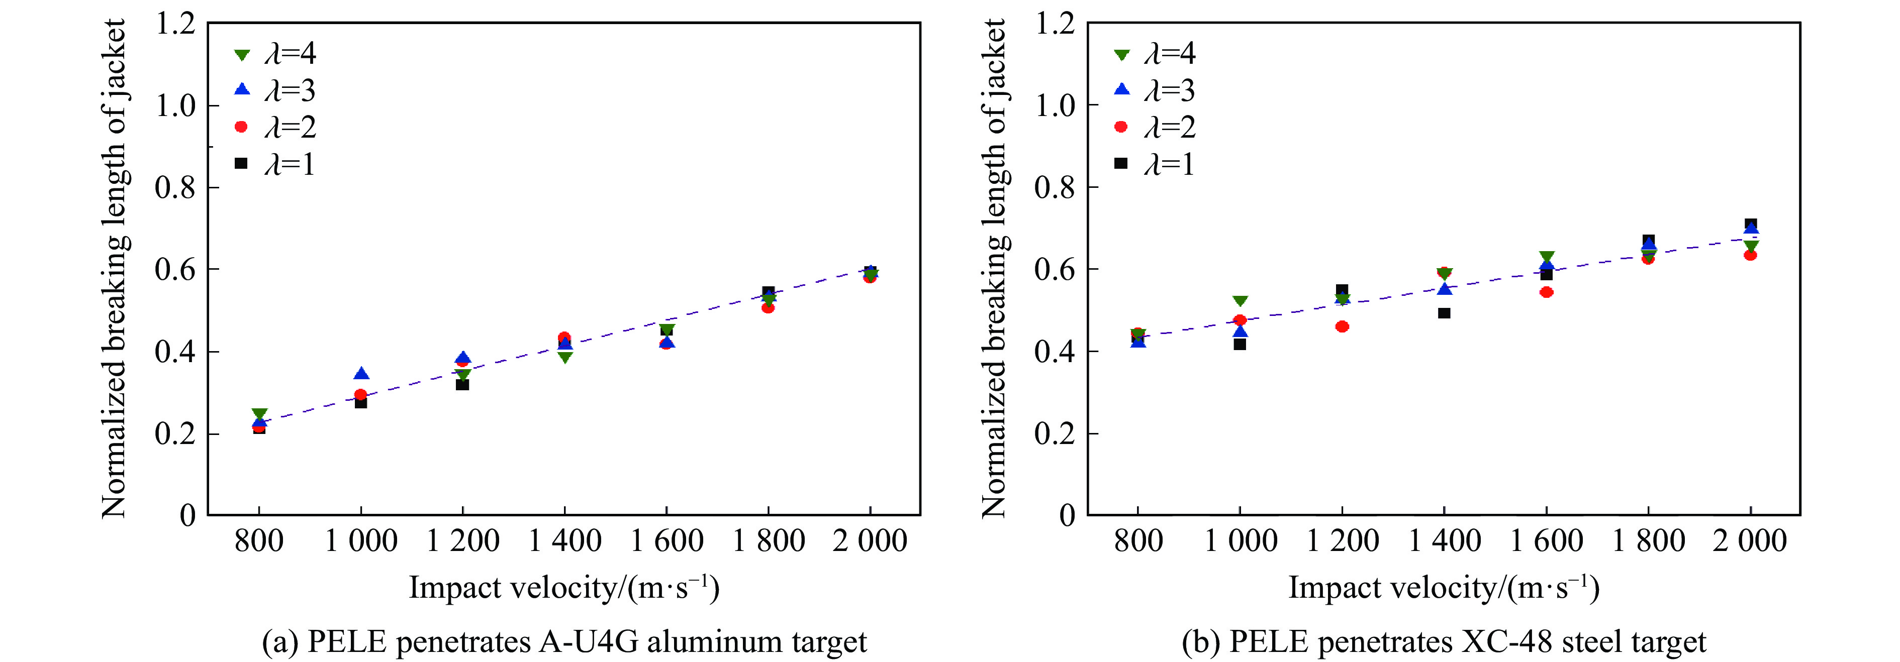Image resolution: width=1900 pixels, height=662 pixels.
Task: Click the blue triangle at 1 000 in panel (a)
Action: coord(361,374)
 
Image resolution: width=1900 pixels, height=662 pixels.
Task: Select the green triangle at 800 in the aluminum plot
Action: coord(259,415)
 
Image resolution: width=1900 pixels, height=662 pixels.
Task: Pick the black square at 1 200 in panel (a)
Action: coord(462,384)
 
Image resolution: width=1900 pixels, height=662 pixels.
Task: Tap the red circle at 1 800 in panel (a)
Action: coord(768,307)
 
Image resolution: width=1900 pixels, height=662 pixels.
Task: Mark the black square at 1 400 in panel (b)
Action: coord(1444,313)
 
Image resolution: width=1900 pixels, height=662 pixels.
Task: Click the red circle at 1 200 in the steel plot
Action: coord(1342,326)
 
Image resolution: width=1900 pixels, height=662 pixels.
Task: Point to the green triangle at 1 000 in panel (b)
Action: coord(1240,301)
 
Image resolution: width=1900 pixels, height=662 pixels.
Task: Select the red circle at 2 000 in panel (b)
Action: coord(1750,255)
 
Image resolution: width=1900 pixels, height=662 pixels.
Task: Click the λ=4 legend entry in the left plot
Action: coord(274,54)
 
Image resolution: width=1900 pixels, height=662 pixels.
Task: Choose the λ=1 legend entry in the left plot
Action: coord(274,164)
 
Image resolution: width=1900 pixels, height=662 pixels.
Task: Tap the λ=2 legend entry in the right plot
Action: coord(1154,127)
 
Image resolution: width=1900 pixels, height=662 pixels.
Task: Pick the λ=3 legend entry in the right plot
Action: coord(1154,90)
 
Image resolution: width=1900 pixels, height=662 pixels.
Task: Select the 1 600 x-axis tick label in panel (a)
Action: coord(666,541)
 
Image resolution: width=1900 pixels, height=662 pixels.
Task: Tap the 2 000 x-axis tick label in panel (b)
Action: coord(1750,541)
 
